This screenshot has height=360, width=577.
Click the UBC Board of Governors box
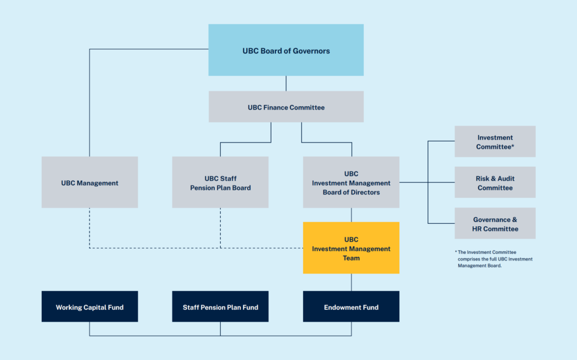286,51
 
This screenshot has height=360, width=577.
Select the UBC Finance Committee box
286,107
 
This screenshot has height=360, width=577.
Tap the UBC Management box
89,183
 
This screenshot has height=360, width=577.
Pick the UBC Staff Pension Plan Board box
220,183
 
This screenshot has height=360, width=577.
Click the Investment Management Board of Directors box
351,183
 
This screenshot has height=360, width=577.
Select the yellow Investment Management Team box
351,248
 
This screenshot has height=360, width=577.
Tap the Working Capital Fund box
89,307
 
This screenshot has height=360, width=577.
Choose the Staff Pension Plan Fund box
220,307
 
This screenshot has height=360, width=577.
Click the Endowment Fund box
351,307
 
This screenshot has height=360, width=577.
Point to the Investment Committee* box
495,141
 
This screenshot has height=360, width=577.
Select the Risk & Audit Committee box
495,183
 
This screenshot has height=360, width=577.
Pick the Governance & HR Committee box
495,223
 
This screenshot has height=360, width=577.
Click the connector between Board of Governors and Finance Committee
286,83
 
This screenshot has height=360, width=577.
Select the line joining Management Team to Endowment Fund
351,282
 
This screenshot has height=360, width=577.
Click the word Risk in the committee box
483,179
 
